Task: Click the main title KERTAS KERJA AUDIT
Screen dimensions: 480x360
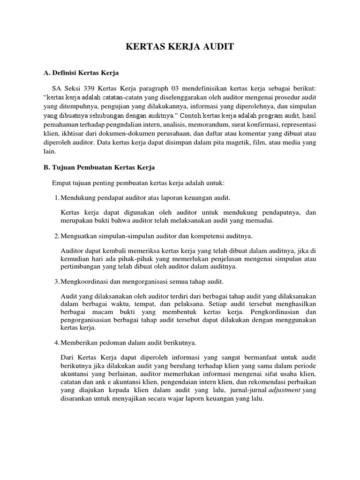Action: pyautogui.click(x=180, y=47)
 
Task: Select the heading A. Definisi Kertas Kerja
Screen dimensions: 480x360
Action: pyautogui.click(x=81, y=73)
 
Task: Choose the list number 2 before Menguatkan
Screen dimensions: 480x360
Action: pyautogui.click(x=57, y=235)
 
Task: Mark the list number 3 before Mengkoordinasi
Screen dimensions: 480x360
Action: pyautogui.click(x=57, y=281)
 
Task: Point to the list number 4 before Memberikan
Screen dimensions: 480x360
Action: pyautogui.click(x=57, y=342)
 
